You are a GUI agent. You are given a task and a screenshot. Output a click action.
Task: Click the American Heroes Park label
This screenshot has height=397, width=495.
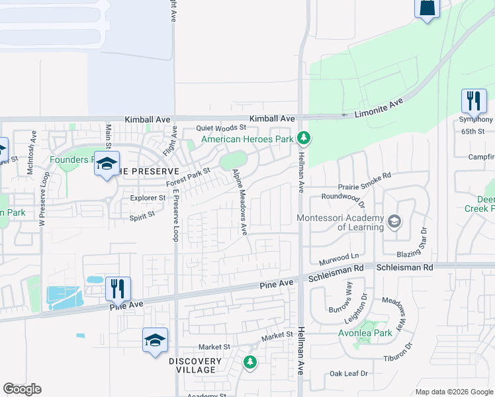click(247, 139)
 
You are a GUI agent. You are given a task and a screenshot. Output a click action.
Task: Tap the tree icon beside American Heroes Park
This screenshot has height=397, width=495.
click(304, 138)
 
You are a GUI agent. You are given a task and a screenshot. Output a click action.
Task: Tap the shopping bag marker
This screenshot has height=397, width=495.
click(427, 8)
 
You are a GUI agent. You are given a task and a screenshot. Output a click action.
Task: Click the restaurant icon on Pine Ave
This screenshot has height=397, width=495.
click(118, 288)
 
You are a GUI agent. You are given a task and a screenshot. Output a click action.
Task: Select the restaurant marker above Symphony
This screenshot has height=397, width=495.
click(474, 101)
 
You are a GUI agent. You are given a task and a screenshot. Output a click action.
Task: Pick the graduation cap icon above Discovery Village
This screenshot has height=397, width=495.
click(155, 340)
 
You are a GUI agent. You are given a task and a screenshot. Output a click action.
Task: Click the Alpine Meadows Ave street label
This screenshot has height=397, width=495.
click(240, 202)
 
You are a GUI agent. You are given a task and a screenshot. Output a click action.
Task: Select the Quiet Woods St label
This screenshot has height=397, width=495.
click(221, 128)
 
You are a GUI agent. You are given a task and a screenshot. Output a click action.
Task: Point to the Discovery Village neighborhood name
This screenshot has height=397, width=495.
click(195, 365)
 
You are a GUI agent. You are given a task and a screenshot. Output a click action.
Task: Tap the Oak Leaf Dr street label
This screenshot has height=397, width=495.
click(349, 374)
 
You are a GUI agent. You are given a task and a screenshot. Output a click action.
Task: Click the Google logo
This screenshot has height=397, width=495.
click(22, 389)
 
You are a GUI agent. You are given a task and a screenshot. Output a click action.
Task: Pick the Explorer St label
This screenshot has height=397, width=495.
click(147, 197)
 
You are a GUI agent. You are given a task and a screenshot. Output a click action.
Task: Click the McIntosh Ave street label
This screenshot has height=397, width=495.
click(32, 153)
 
